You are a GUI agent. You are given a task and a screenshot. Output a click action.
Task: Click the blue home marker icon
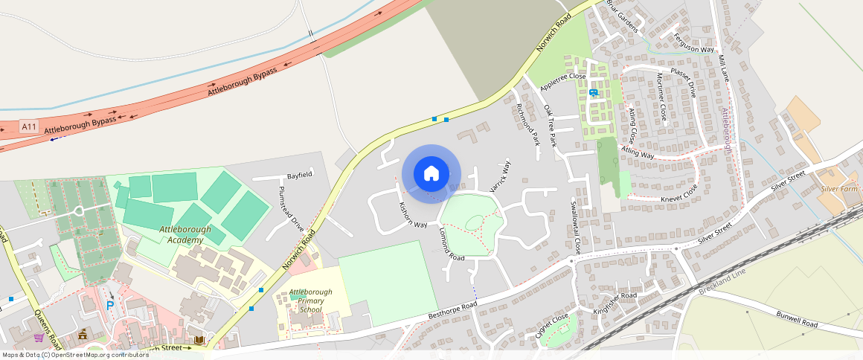pyautogui.click(x=431, y=174)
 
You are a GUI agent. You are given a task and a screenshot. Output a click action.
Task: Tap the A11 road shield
pyautogui.click(x=29, y=126)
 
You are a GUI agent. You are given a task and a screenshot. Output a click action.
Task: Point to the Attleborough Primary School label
pyautogui.click(x=311, y=300)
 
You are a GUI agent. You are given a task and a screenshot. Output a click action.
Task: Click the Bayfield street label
pyautogui.click(x=300, y=175)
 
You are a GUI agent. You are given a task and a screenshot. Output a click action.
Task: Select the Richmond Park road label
pyautogui.click(x=527, y=123)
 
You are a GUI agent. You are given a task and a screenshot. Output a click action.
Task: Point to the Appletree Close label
pyautogui.click(x=563, y=81)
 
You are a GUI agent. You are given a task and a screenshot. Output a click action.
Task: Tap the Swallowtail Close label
pyautogui.click(x=574, y=226)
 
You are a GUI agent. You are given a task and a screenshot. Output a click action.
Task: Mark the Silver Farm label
pyautogui.click(x=840, y=190)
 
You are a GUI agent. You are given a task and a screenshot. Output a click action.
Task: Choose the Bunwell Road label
pyautogui.click(x=797, y=319)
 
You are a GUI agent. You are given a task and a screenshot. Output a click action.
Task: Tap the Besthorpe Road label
pyautogui.click(x=452, y=311)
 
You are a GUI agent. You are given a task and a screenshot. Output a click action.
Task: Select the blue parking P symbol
pyautogui.click(x=111, y=305)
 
